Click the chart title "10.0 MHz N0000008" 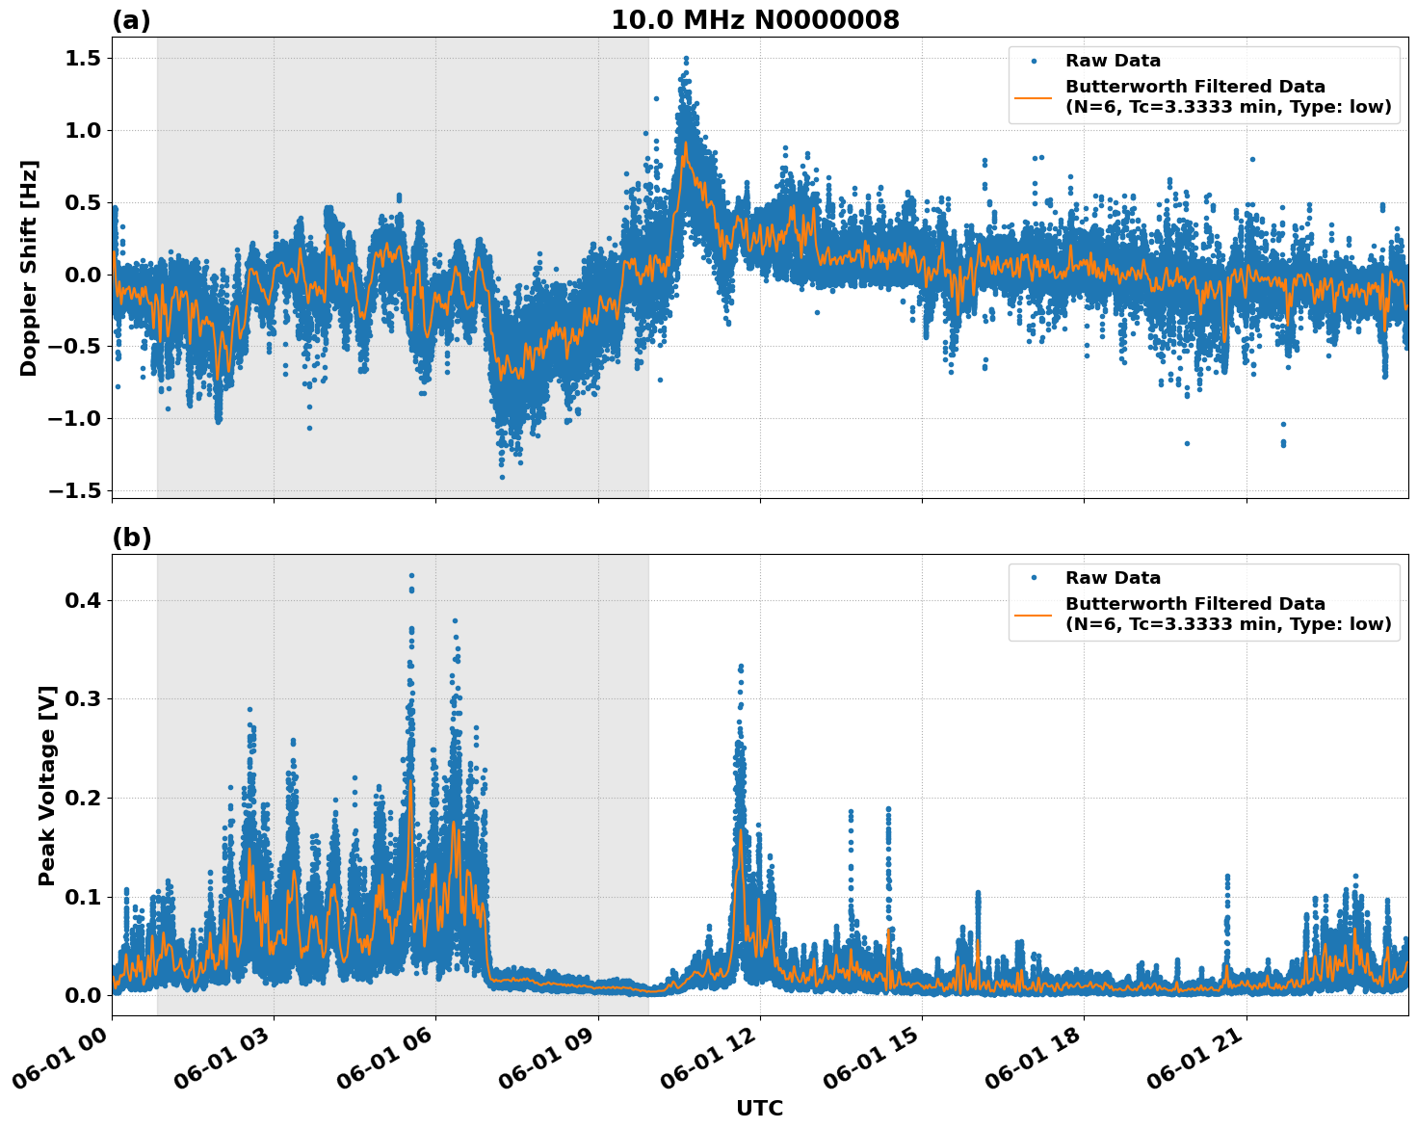pyautogui.click(x=754, y=20)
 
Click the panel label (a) pyautogui.click(x=131, y=20)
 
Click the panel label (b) pyautogui.click(x=131, y=538)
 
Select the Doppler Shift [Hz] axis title pyautogui.click(x=29, y=268)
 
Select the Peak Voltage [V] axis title pyautogui.click(x=46, y=785)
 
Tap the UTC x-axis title pyautogui.click(x=759, y=1108)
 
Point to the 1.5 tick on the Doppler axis pyautogui.click(x=85, y=59)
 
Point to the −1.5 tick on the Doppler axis pyautogui.click(x=77, y=490)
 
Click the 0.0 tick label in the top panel pyautogui.click(x=85, y=275)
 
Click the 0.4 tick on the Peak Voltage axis pyautogui.click(x=85, y=600)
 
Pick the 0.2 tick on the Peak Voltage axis pyautogui.click(x=85, y=798)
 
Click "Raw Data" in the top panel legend pyautogui.click(x=1113, y=61)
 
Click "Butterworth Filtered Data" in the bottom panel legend pyautogui.click(x=1194, y=604)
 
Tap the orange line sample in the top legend pyautogui.click(x=1034, y=96)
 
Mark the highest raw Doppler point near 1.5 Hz pyautogui.click(x=686, y=58)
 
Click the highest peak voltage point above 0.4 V pyautogui.click(x=411, y=575)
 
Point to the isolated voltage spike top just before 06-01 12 pyautogui.click(x=740, y=667)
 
